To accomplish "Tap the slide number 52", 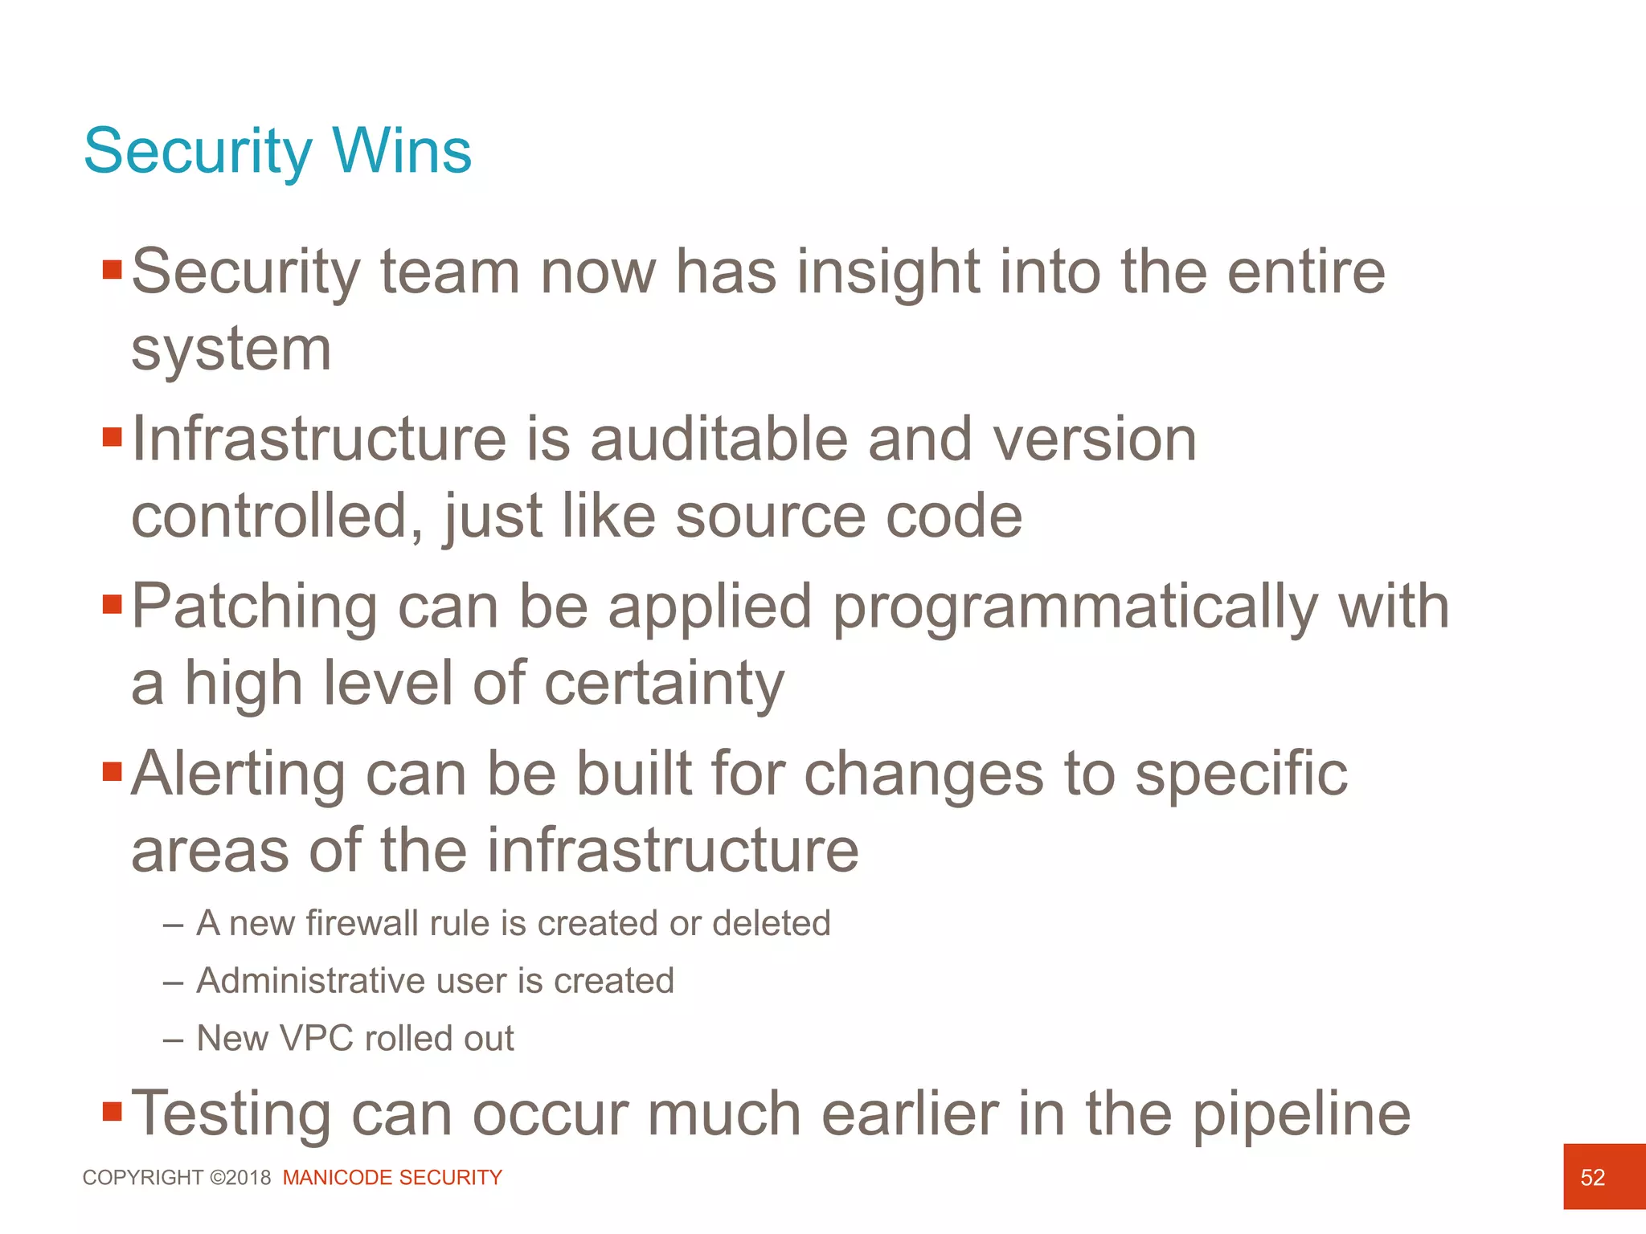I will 1592,1177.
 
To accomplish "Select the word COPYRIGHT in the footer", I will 143,1177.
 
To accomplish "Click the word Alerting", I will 238,774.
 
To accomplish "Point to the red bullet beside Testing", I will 112,1111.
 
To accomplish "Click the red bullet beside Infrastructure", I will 112,437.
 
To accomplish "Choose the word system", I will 231,350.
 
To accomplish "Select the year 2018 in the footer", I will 248,1177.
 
